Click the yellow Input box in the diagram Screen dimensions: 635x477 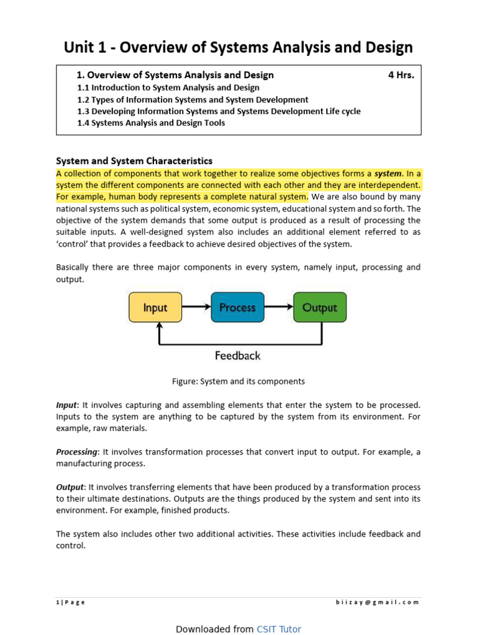pos(155,307)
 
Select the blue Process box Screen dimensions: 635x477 pos(237,307)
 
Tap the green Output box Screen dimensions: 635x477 pos(319,307)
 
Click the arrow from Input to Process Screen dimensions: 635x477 pos(196,306)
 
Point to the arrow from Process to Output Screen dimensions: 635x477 pos(279,306)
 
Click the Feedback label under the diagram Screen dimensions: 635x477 pos(237,356)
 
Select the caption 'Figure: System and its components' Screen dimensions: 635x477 pos(238,381)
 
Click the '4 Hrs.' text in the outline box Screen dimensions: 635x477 pos(401,75)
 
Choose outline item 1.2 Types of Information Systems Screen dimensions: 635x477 pos(193,99)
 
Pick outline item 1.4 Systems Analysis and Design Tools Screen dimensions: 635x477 pos(151,123)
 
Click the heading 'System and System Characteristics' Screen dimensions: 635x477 pos(134,161)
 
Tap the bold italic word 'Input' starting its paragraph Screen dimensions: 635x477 pos(66,404)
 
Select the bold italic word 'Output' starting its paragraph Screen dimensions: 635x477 pos(70,487)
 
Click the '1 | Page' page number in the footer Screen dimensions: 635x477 pos(71,602)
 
